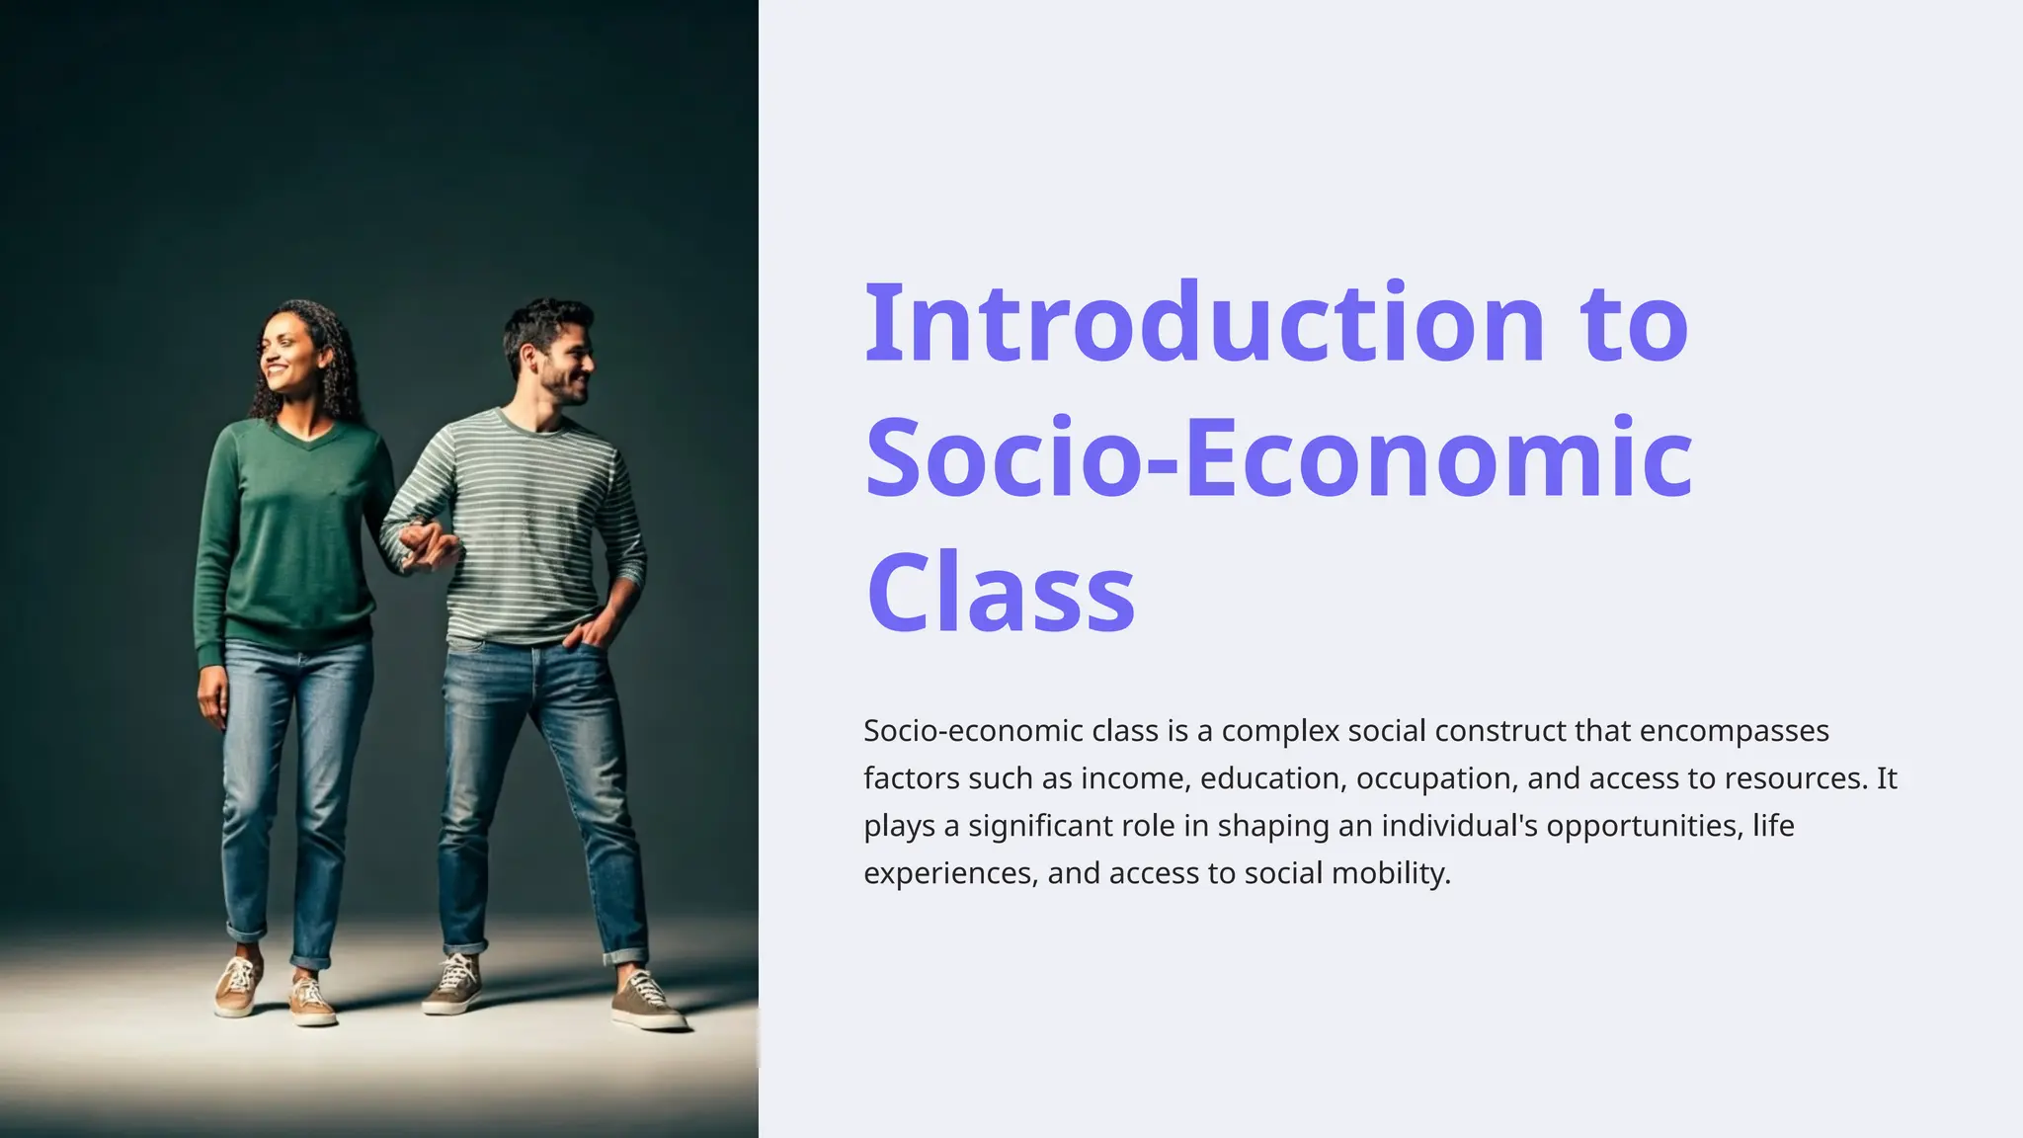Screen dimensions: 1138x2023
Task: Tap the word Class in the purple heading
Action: click(x=1000, y=594)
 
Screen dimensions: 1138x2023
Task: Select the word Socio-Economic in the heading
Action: click(x=1278, y=458)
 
